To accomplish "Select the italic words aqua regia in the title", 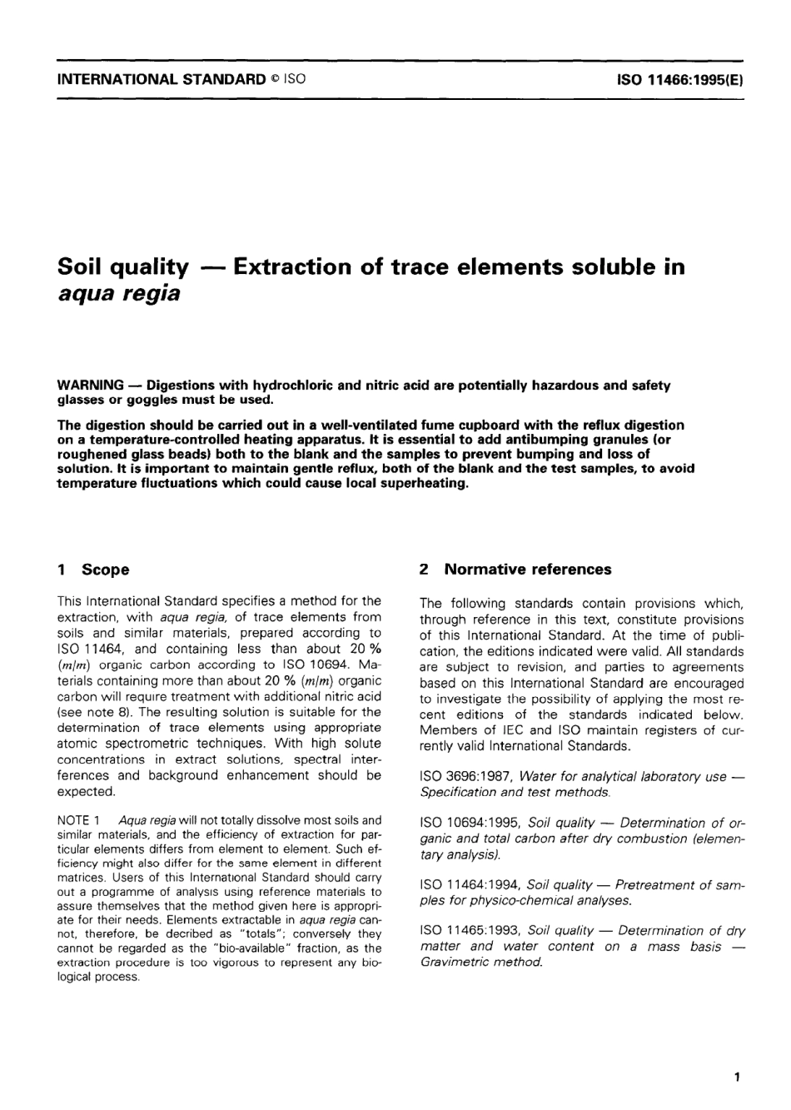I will coord(118,294).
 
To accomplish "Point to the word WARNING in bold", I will coord(90,386).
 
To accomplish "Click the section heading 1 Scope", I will coord(93,570).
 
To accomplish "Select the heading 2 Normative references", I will coord(515,570).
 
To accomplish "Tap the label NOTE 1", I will coord(79,820).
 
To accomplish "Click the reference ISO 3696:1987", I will coord(466,776).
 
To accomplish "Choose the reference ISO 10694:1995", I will coord(470,824).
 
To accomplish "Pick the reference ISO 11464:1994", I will coord(470,884).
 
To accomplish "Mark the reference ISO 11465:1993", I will coord(470,931).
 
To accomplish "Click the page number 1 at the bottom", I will coord(737,1078).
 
